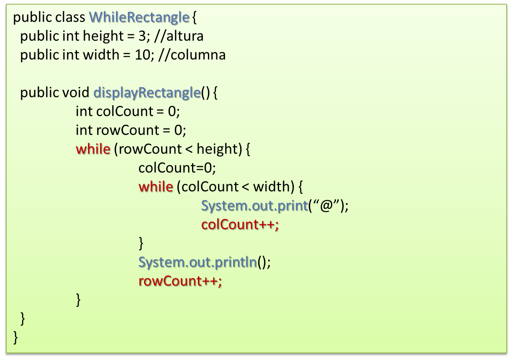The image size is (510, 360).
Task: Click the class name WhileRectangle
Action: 139,17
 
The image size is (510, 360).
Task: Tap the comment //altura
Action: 179,36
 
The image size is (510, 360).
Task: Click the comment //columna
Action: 192,55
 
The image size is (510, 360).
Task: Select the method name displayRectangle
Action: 146,93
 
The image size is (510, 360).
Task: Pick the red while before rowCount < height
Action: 93,149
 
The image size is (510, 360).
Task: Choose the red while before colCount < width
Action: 156,187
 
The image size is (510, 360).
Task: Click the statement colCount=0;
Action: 177,168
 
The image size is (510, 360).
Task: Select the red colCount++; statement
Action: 240,225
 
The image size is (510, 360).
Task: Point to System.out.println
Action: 197,262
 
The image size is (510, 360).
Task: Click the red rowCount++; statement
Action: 180,281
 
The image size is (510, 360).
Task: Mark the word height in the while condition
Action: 217,149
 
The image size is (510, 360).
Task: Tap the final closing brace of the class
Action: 16,337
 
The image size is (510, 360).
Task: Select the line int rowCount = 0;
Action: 131,130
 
